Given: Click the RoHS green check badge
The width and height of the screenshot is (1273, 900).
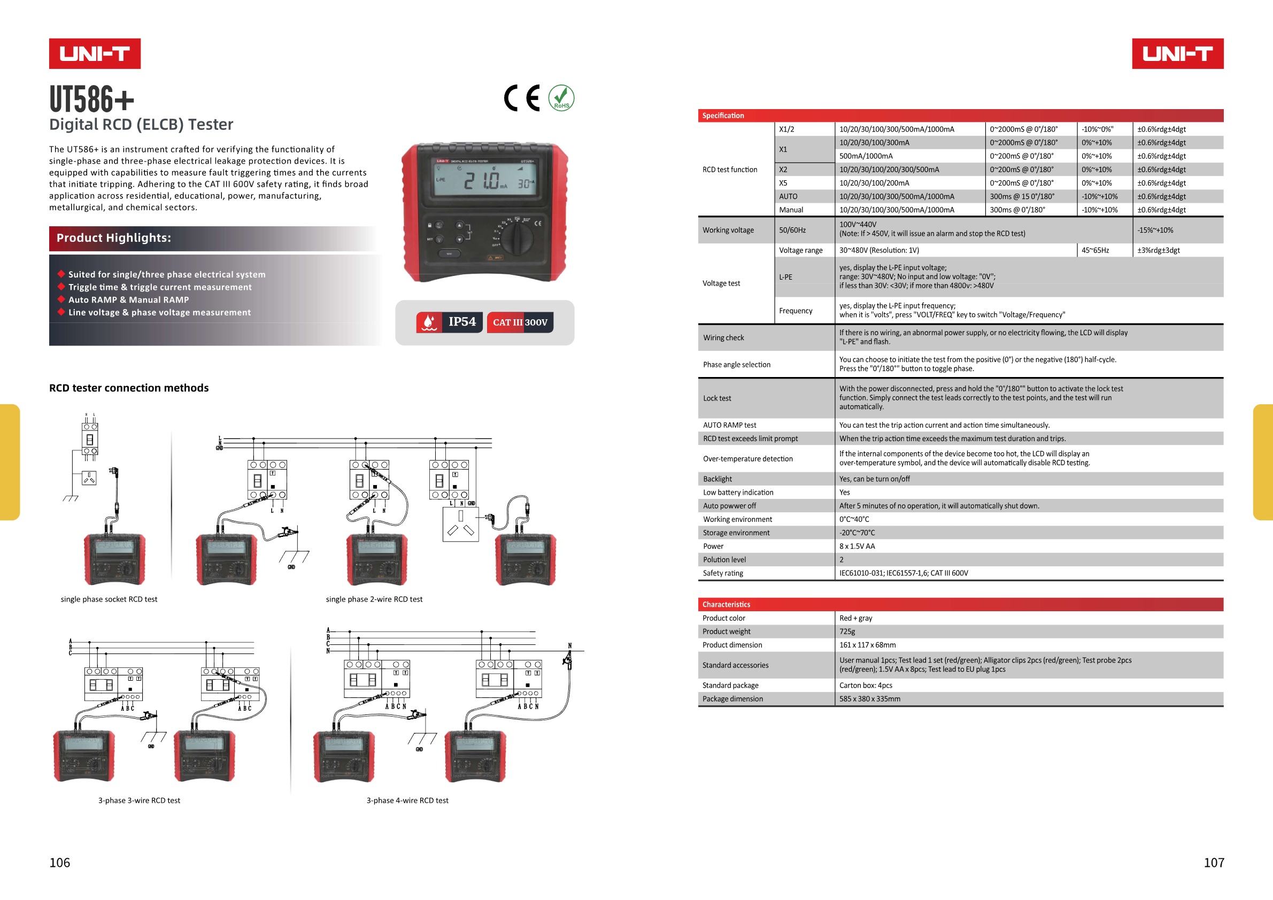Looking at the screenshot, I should [x=561, y=98].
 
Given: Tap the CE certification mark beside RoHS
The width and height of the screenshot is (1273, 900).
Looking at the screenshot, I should [x=522, y=98].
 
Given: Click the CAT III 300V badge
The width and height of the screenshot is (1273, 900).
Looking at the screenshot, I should [x=520, y=322].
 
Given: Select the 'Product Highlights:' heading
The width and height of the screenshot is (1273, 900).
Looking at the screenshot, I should [x=114, y=238].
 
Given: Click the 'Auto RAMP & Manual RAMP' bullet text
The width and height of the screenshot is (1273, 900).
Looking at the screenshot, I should [x=129, y=300].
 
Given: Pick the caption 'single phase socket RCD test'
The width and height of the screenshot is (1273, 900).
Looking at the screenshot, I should [x=109, y=599].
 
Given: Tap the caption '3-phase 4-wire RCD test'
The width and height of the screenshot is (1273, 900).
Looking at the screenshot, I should [x=407, y=801].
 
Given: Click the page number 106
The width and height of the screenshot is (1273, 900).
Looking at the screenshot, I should [x=60, y=863].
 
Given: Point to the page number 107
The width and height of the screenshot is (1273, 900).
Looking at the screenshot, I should [x=1214, y=863].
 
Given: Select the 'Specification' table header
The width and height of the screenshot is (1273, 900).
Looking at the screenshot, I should [x=723, y=116].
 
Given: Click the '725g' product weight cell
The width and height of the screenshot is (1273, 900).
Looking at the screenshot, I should [x=847, y=632].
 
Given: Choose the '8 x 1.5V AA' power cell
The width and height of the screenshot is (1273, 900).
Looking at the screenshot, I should [x=857, y=546].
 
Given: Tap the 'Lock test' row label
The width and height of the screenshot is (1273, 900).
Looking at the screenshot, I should [x=717, y=398].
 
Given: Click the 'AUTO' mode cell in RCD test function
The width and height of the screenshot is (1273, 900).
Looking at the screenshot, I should [x=788, y=196].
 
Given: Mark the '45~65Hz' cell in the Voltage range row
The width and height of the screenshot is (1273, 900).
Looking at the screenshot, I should [x=1095, y=250].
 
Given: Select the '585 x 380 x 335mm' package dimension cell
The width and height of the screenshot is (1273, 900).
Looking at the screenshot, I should [x=869, y=699].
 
